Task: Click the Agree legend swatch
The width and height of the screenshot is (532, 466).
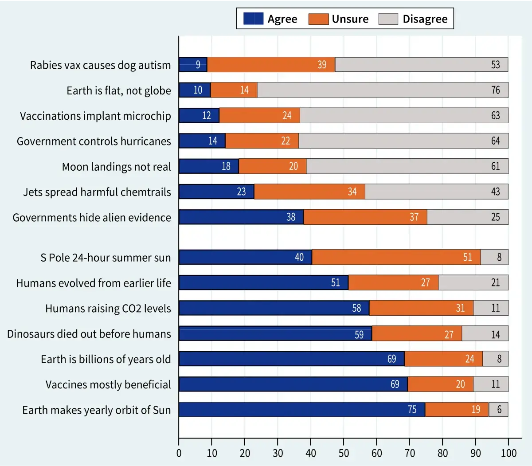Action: coord(254,19)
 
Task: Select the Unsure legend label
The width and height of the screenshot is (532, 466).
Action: coord(350,19)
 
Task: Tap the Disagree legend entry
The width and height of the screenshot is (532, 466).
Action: coord(425,19)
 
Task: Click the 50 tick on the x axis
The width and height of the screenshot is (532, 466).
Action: coord(344,453)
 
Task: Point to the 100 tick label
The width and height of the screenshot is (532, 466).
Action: coord(509,453)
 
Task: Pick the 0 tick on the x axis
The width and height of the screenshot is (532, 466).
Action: coord(179,453)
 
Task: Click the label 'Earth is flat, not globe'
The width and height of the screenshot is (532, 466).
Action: coord(119,90)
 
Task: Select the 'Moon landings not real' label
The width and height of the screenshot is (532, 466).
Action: coord(116,167)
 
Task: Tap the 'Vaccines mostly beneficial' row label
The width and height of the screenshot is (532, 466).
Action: coord(108,384)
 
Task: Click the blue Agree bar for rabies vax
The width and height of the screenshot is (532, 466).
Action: coord(193,65)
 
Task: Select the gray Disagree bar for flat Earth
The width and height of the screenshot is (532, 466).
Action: coord(383,90)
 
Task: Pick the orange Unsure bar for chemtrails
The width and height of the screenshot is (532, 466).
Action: coord(309,192)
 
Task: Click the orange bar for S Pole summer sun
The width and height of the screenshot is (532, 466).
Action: coord(396,257)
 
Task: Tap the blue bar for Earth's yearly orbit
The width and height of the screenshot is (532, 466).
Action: coord(301,410)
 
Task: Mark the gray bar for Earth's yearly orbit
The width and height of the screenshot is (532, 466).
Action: coord(498,410)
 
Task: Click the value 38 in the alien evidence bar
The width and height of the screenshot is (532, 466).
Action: coord(291,217)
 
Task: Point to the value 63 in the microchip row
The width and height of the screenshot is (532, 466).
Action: coord(495,116)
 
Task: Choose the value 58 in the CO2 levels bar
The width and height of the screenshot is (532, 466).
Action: coord(356,308)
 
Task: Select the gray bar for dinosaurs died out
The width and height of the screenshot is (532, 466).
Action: coord(485,333)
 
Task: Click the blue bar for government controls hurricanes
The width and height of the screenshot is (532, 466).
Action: coord(202,141)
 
